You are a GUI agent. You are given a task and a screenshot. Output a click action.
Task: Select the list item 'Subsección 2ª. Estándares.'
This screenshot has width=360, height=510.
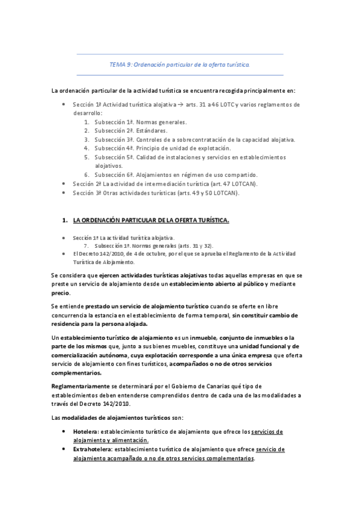pos(126,131)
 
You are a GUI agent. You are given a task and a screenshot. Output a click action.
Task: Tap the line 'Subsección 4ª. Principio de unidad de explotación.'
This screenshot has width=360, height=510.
pos(162,148)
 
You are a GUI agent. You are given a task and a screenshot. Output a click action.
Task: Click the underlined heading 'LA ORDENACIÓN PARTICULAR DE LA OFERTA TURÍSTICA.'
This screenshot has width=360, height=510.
pos(151,221)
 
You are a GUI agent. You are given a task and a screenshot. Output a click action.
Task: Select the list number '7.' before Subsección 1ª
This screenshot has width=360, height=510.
pos(87,246)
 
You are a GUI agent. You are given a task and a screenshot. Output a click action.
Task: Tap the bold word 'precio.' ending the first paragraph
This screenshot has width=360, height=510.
pos(61,293)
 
